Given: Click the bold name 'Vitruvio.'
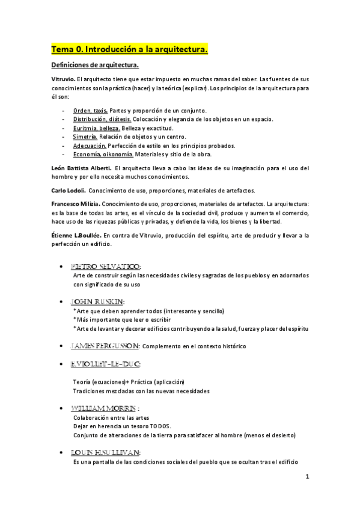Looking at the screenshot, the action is coord(63,79).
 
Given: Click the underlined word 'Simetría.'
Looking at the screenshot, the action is coord(85,137).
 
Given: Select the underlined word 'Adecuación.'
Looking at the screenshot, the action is coord(90,146).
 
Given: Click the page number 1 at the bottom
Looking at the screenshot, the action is coord(307,478).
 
